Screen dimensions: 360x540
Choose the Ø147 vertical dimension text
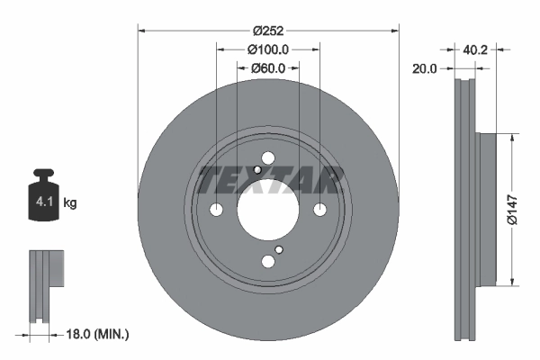pos(511,208)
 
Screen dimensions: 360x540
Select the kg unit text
pos(70,203)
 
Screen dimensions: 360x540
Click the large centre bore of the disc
pos(268,210)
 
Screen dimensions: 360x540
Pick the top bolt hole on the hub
pos(268,158)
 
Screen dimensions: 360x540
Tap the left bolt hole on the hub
pos(216,210)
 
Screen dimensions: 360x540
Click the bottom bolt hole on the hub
pos(268,262)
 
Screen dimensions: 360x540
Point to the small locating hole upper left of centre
pos(257,170)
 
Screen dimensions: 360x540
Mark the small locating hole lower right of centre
pos(279,250)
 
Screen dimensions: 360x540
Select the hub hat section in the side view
pos(485,209)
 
